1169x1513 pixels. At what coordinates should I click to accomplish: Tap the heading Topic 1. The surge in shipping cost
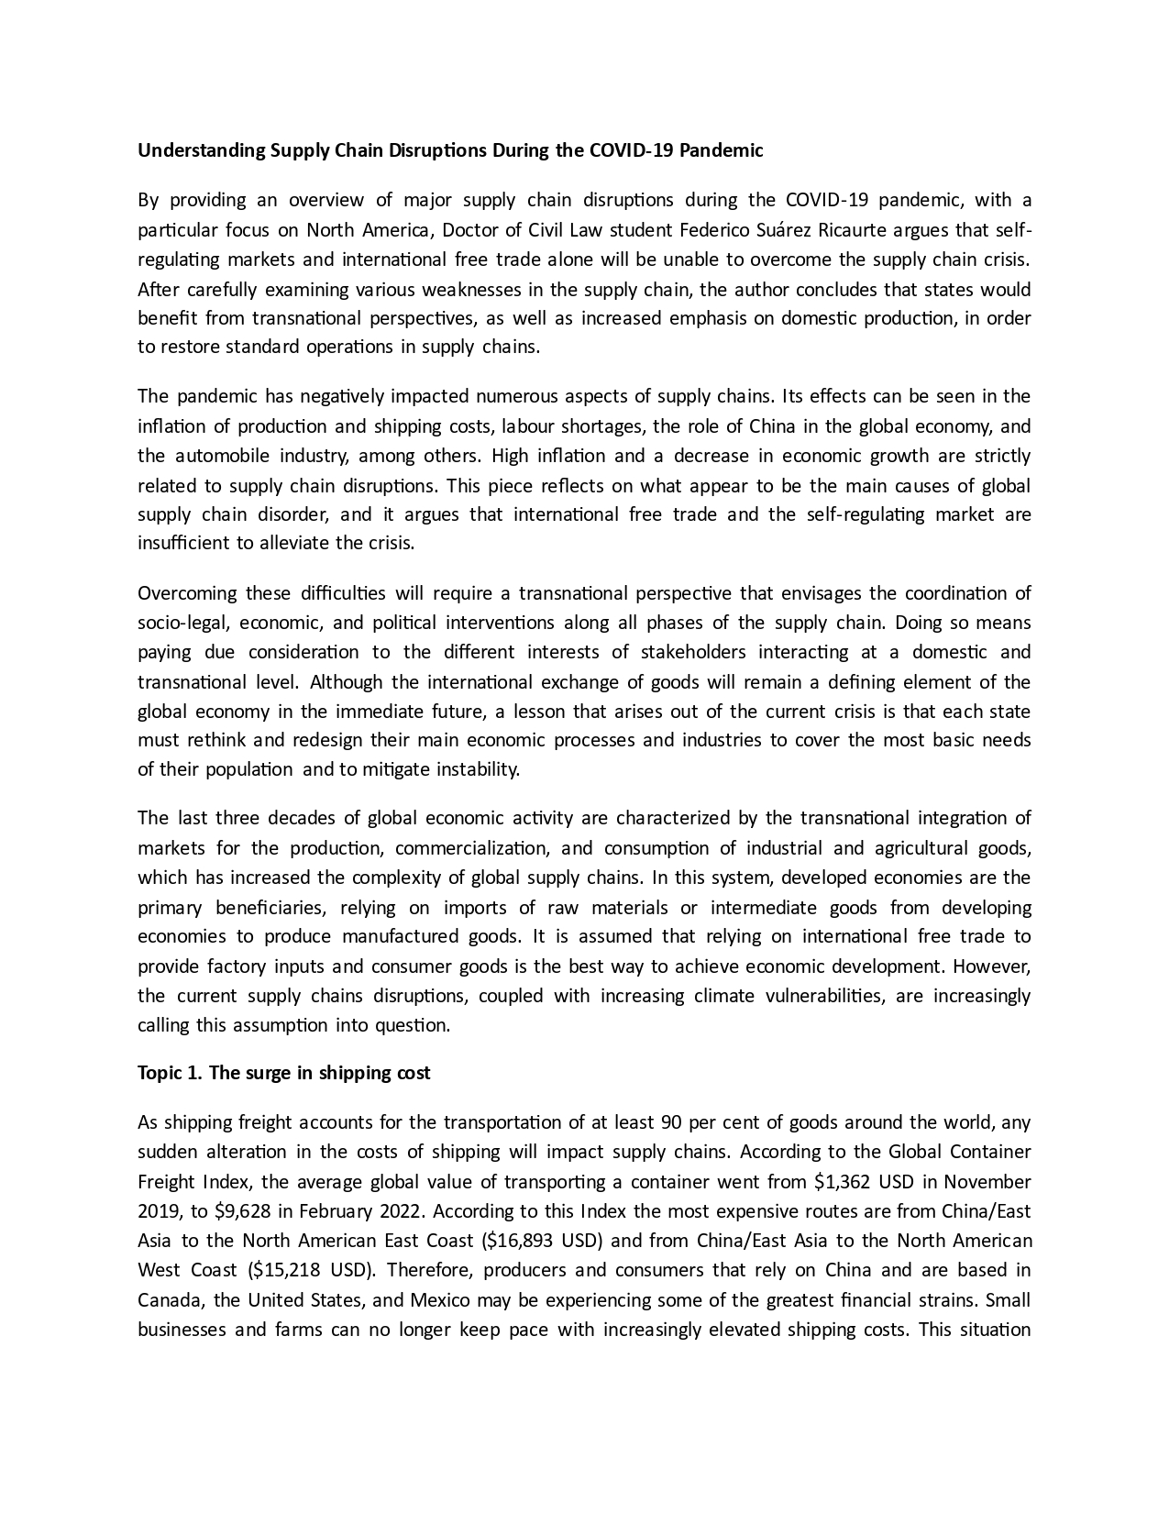(x=283, y=1073)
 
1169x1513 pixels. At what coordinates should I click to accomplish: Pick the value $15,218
(x=286, y=1271)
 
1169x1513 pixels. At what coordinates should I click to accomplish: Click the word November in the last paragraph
(x=987, y=1181)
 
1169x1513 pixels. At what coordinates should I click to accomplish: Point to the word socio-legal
(x=183, y=623)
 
